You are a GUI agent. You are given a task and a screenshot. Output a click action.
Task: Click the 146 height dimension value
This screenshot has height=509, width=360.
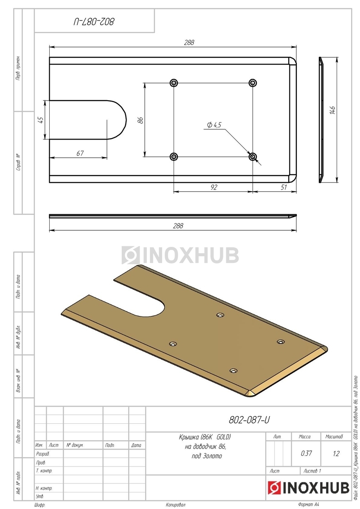pyautogui.click(x=332, y=110)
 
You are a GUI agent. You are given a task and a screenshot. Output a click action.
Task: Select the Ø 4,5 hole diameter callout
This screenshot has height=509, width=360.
pyautogui.click(x=214, y=125)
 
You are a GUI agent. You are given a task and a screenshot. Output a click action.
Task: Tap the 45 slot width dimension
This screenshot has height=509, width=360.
pyautogui.click(x=41, y=120)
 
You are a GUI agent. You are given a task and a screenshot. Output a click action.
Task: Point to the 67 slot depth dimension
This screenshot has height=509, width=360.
pyautogui.click(x=80, y=154)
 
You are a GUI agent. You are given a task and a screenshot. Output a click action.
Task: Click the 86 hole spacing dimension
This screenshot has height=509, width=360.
pyautogui.click(x=141, y=120)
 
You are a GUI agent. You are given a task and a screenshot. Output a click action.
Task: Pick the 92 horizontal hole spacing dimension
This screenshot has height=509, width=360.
pyautogui.click(x=214, y=187)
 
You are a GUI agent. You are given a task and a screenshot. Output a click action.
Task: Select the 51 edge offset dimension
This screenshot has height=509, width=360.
pyautogui.click(x=284, y=187)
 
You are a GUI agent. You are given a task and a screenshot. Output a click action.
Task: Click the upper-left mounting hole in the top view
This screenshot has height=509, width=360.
pyautogui.click(x=174, y=82)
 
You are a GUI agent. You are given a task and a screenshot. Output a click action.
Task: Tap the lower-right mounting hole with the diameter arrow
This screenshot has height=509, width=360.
pyautogui.click(x=253, y=157)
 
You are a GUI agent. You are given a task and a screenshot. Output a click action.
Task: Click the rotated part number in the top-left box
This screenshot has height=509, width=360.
pyautogui.click(x=94, y=22)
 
